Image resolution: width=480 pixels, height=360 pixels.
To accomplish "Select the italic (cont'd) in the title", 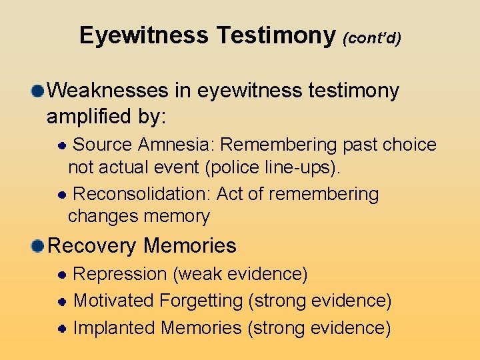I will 372,38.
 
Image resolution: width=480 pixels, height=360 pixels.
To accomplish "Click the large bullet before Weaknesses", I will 39,90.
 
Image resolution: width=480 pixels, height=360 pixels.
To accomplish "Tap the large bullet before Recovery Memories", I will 39,246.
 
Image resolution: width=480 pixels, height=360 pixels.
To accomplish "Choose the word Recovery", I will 93,246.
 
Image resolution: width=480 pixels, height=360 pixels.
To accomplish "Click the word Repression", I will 119,274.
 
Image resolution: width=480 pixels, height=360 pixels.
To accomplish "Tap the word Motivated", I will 113,301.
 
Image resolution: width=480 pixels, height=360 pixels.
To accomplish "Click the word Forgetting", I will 201,301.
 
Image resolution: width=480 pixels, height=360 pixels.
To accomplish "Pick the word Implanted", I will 114,328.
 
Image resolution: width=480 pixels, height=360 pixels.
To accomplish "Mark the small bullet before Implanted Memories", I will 61,328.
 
